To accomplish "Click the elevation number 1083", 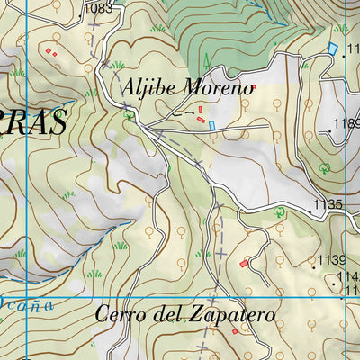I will tap(98, 8).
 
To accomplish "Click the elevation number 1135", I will tap(329, 205).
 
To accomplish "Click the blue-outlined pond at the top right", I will tap(332, 47).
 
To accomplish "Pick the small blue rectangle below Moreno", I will tap(212, 126).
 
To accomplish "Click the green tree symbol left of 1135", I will tap(280, 212).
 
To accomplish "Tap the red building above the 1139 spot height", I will tap(245, 264).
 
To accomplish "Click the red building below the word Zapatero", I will tap(236, 331).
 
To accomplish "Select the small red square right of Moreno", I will tap(254, 88).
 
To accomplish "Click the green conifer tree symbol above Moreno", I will tap(206, 61).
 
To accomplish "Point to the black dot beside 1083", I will tap(82, 9).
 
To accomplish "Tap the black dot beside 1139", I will tap(314, 266).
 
